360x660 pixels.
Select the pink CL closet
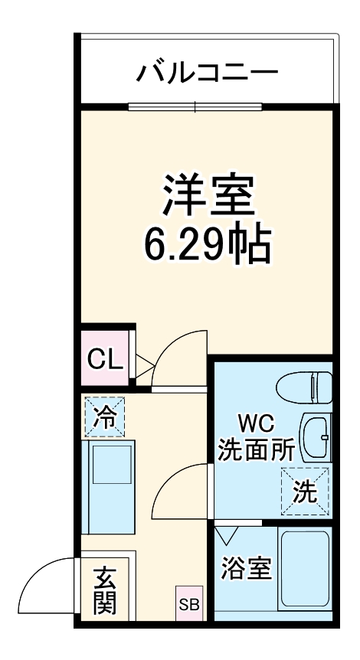105,358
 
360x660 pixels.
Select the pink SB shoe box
188,603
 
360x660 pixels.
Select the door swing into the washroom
181,490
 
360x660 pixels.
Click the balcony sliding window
195,106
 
